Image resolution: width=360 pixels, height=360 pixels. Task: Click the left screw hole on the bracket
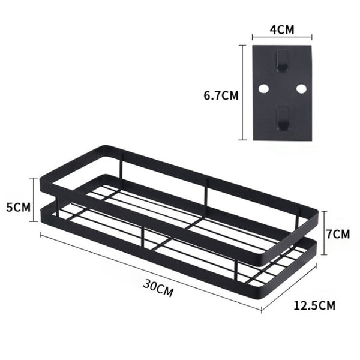point(263,89)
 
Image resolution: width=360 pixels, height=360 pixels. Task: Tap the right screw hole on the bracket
point(301,89)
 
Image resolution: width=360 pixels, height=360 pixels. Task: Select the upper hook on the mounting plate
point(281,61)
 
